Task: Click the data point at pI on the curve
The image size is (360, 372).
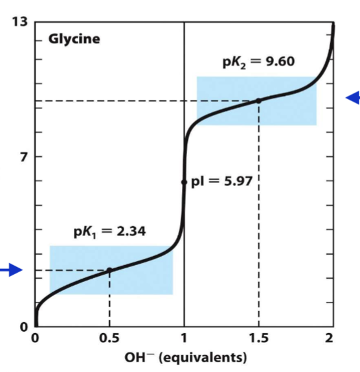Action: (185, 182)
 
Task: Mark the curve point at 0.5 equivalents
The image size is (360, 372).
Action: (109, 270)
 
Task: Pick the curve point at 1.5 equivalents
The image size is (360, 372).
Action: (259, 100)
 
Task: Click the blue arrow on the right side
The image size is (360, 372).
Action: (352, 98)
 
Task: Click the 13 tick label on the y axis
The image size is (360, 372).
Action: (19, 23)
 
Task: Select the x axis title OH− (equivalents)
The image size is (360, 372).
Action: (185, 357)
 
